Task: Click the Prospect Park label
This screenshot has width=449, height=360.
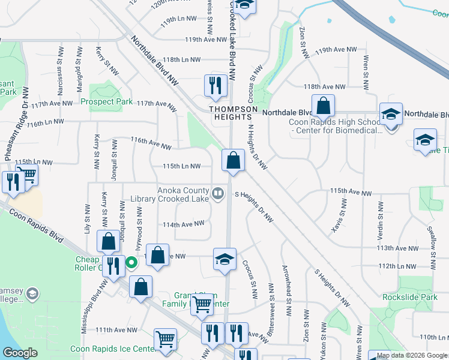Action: tap(107, 101)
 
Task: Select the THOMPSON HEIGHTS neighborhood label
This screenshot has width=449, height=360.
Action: tap(234, 113)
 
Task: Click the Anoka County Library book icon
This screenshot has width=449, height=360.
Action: tap(218, 193)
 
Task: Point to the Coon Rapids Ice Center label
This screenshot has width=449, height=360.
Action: tap(113, 349)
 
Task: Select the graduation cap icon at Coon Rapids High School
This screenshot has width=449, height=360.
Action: tap(390, 113)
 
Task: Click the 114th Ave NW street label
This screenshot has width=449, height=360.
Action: tap(184, 224)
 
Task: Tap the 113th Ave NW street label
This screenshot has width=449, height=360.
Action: tap(397, 248)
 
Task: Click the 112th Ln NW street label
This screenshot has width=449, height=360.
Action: tap(397, 266)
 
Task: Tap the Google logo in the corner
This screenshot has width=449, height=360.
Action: tap(20, 353)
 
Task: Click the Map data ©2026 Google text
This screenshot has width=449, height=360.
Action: tap(412, 355)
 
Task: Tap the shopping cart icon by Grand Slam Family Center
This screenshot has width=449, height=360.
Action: tap(201, 304)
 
